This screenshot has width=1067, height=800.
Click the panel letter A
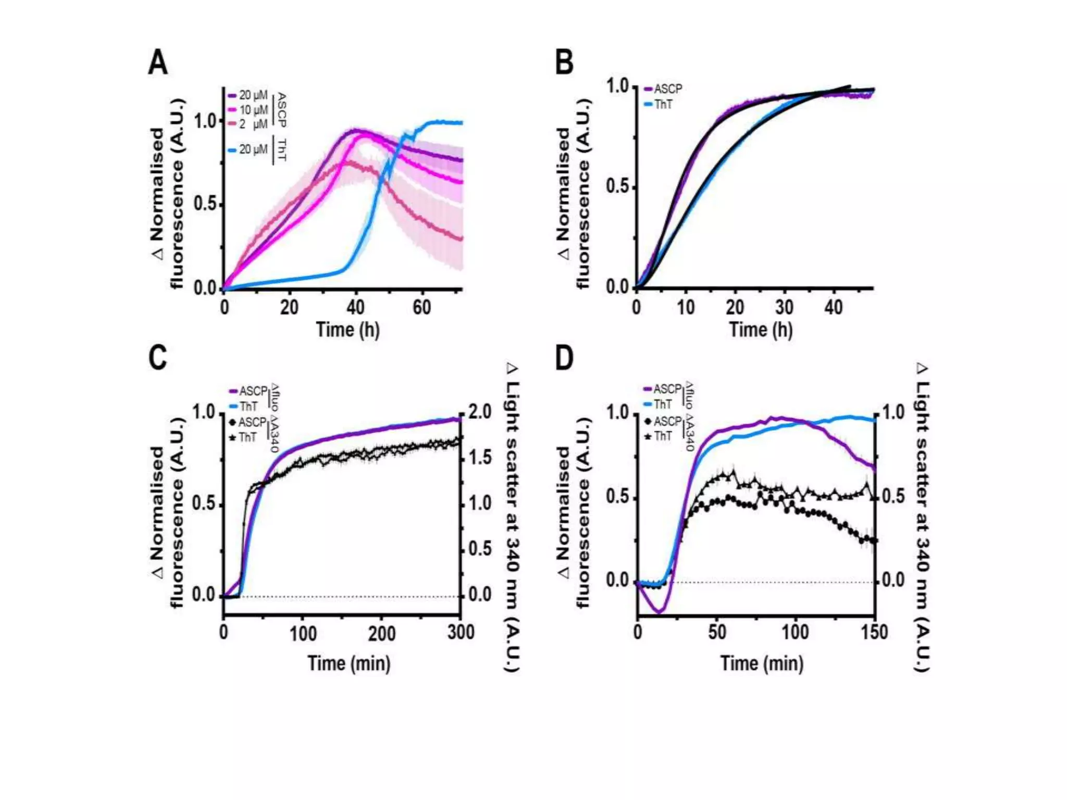[x=158, y=63]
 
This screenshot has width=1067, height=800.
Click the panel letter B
[x=564, y=63]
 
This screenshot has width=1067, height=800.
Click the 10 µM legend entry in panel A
[x=253, y=110]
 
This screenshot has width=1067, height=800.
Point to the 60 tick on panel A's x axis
[x=421, y=307]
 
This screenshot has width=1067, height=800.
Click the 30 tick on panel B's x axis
[x=784, y=307]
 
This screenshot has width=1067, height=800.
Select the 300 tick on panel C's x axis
[x=461, y=632]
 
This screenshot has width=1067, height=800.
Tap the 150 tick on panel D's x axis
[x=874, y=632]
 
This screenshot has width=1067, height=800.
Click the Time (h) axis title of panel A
[x=348, y=330]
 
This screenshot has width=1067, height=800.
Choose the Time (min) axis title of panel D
[x=762, y=664]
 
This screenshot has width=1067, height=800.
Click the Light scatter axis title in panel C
[x=513, y=518]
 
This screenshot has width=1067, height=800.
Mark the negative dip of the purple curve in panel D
[x=659, y=610]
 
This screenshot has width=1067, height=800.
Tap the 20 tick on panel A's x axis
[x=289, y=307]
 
